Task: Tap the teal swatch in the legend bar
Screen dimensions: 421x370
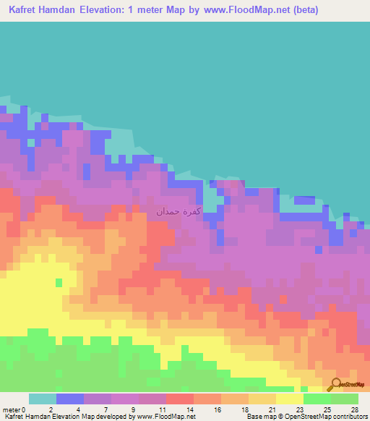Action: [x=43, y=399]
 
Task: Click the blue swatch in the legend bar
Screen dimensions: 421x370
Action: [x=70, y=399]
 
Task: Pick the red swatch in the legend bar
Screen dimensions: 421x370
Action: [x=180, y=399]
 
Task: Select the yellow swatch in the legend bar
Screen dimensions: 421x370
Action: [x=290, y=399]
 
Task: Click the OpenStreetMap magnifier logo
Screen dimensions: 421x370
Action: [x=336, y=384]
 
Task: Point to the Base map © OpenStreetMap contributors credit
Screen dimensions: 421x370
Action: [x=306, y=417]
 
